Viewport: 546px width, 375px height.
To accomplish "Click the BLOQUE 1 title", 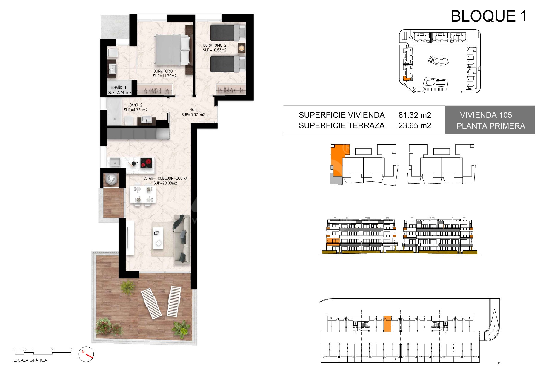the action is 489,16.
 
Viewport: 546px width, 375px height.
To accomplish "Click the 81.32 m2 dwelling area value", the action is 415,115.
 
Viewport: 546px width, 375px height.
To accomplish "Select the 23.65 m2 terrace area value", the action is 415,125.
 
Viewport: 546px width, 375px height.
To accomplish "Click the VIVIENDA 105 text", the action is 486,115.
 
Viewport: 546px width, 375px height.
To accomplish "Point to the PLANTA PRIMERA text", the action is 491,126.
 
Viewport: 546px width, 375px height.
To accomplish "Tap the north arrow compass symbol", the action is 86,354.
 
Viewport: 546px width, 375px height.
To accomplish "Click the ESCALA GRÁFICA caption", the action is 30,360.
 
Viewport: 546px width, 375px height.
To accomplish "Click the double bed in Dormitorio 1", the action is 173,50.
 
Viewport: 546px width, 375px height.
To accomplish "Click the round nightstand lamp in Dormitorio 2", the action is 241,47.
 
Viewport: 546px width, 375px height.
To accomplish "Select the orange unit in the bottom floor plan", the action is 387,324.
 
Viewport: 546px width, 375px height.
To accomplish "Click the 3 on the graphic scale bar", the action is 71,349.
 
